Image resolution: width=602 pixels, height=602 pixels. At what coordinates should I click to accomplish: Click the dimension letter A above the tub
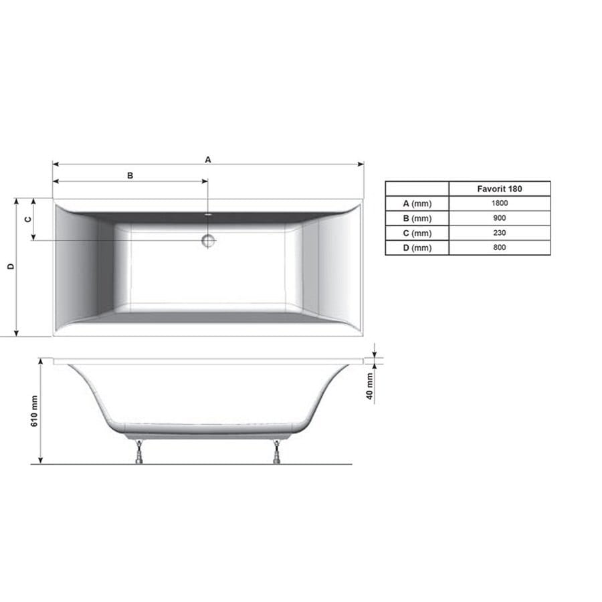(208, 159)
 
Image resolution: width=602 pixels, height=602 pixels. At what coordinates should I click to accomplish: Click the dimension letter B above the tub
(130, 175)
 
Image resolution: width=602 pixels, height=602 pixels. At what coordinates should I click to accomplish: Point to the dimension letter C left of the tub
(28, 219)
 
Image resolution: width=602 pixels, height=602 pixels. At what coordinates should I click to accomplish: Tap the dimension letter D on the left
(11, 266)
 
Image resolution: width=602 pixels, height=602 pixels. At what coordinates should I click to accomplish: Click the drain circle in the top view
(208, 241)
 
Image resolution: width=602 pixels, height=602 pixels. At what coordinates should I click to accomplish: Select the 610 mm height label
(34, 411)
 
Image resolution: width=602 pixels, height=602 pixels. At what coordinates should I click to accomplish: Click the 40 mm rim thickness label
(369, 386)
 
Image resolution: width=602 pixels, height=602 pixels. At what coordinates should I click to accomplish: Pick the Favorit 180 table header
(500, 189)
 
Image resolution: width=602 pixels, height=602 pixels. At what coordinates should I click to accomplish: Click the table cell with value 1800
(500, 203)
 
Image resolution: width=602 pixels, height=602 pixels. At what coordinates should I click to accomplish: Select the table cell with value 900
(500, 218)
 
